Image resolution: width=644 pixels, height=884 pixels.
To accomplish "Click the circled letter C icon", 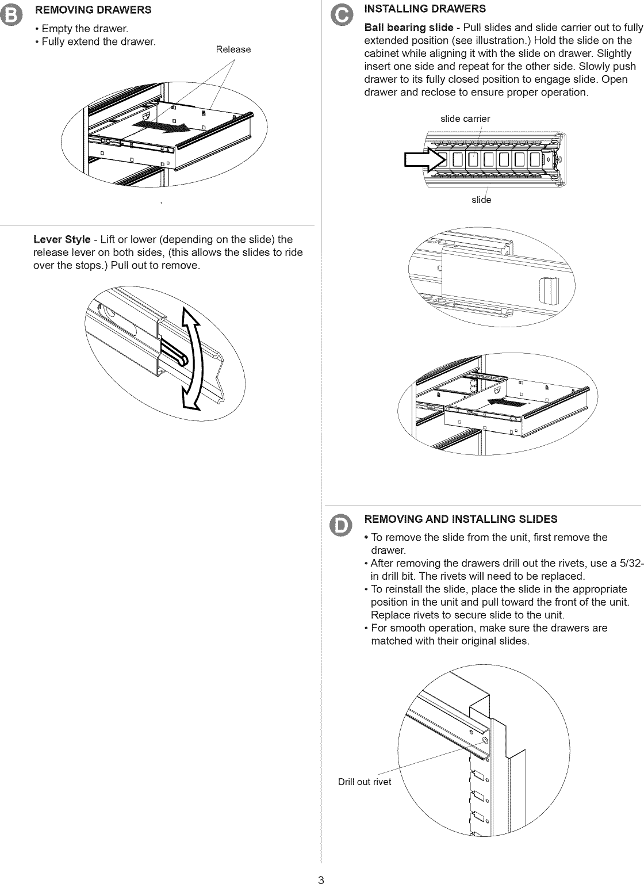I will pyautogui.click(x=342, y=17).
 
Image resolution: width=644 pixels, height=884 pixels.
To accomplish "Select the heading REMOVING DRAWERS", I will pyautogui.click(x=93, y=10).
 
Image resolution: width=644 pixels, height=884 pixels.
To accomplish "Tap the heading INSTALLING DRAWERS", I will pyautogui.click(x=425, y=9).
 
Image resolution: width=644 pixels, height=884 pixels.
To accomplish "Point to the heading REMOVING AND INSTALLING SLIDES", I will pyautogui.click(x=461, y=519).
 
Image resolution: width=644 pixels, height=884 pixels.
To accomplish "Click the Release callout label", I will pyautogui.click(x=233, y=49).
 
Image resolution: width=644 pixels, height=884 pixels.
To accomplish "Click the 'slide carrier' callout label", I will pyautogui.click(x=465, y=118).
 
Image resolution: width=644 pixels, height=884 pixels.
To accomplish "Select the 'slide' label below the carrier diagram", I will pyautogui.click(x=481, y=200).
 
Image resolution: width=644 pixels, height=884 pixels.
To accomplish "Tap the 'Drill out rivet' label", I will pyautogui.click(x=365, y=782).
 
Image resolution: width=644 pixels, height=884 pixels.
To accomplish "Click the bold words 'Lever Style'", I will pyautogui.click(x=62, y=239).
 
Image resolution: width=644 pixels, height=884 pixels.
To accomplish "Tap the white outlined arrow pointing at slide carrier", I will pyautogui.click(x=422, y=160).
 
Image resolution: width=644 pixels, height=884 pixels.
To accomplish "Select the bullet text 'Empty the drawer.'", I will pyautogui.click(x=84, y=29).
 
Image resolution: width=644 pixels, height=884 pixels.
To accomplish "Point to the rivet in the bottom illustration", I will pyautogui.click(x=486, y=740).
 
